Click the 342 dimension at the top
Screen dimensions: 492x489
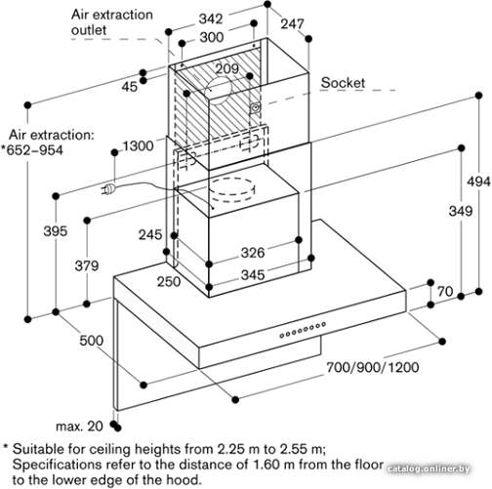coord(211,19)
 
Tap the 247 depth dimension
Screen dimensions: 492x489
coord(292,23)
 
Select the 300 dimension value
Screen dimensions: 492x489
coord(212,37)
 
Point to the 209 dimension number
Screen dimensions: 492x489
coord(227,68)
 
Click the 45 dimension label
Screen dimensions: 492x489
coord(130,87)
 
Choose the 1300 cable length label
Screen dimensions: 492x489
coord(138,145)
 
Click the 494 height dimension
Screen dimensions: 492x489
coord(478,182)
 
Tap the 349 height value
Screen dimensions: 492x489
coord(461,211)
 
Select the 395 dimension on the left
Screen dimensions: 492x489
coord(56,231)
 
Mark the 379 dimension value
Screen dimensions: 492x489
coord(87,265)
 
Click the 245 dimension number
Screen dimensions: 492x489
coord(150,234)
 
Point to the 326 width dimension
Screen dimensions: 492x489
coord(253,253)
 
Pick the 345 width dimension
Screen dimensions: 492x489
coord(253,275)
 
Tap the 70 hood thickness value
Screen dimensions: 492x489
coord(445,291)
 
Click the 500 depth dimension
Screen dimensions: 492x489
coord(92,341)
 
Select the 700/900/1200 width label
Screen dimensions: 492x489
coord(373,367)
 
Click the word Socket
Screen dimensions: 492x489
coord(343,83)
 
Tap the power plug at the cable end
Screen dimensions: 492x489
coord(108,188)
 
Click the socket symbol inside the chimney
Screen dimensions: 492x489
coord(256,107)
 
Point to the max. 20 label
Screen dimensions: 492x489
coord(79,426)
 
